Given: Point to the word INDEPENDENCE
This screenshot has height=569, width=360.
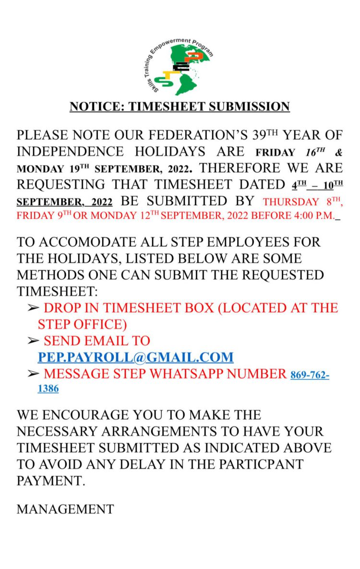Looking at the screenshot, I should coord(71,152).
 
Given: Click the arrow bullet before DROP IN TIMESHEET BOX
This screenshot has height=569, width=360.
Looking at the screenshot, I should coord(33,308).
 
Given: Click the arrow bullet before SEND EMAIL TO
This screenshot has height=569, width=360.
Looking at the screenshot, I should coord(33,341).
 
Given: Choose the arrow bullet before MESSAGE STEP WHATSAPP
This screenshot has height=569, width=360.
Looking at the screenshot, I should coord(33,374).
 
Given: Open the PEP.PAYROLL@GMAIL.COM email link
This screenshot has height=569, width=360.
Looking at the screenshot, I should coord(136,357).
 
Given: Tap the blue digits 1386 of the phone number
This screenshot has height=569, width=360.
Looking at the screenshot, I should coord(48,389).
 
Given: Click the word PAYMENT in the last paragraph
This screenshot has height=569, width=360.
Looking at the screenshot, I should coord(51,481).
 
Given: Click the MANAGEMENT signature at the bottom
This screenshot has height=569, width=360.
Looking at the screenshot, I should coord(65,509).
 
